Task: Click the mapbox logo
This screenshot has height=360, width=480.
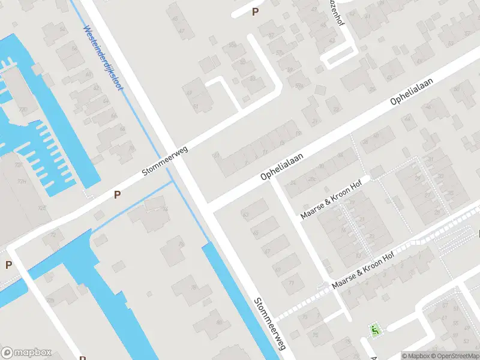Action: pyautogui.click(x=26, y=353)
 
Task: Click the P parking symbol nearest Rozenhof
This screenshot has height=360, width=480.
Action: pyautogui.click(x=256, y=11)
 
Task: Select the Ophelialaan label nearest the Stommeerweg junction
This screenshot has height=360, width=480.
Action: pyautogui.click(x=282, y=167)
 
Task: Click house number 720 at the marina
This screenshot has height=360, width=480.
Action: pyautogui.click(x=23, y=110)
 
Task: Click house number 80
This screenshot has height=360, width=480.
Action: pyautogui.click(x=219, y=322)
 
